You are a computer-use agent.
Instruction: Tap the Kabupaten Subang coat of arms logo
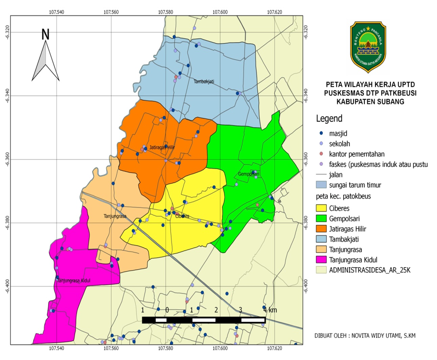pyautogui.click(x=367, y=47)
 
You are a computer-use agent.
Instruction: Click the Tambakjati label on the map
pyautogui.click(x=206, y=82)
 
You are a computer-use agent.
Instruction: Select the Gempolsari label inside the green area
pyautogui.click(x=249, y=174)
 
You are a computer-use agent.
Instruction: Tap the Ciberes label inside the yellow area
pyautogui.click(x=182, y=216)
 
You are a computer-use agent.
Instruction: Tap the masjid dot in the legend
pyautogui.click(x=321, y=134)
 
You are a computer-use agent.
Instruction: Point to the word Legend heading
pyautogui.click(x=329, y=118)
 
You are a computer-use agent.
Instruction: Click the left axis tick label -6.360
pyautogui.click(x=7, y=159)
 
